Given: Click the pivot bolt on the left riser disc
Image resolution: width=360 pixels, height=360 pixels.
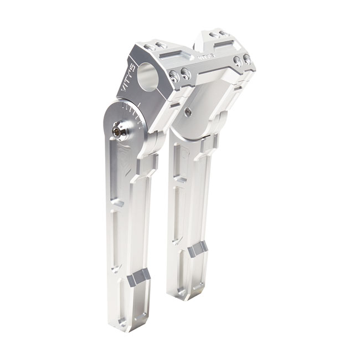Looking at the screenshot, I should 117,131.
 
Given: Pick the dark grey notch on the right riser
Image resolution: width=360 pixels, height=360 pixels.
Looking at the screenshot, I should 198,249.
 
